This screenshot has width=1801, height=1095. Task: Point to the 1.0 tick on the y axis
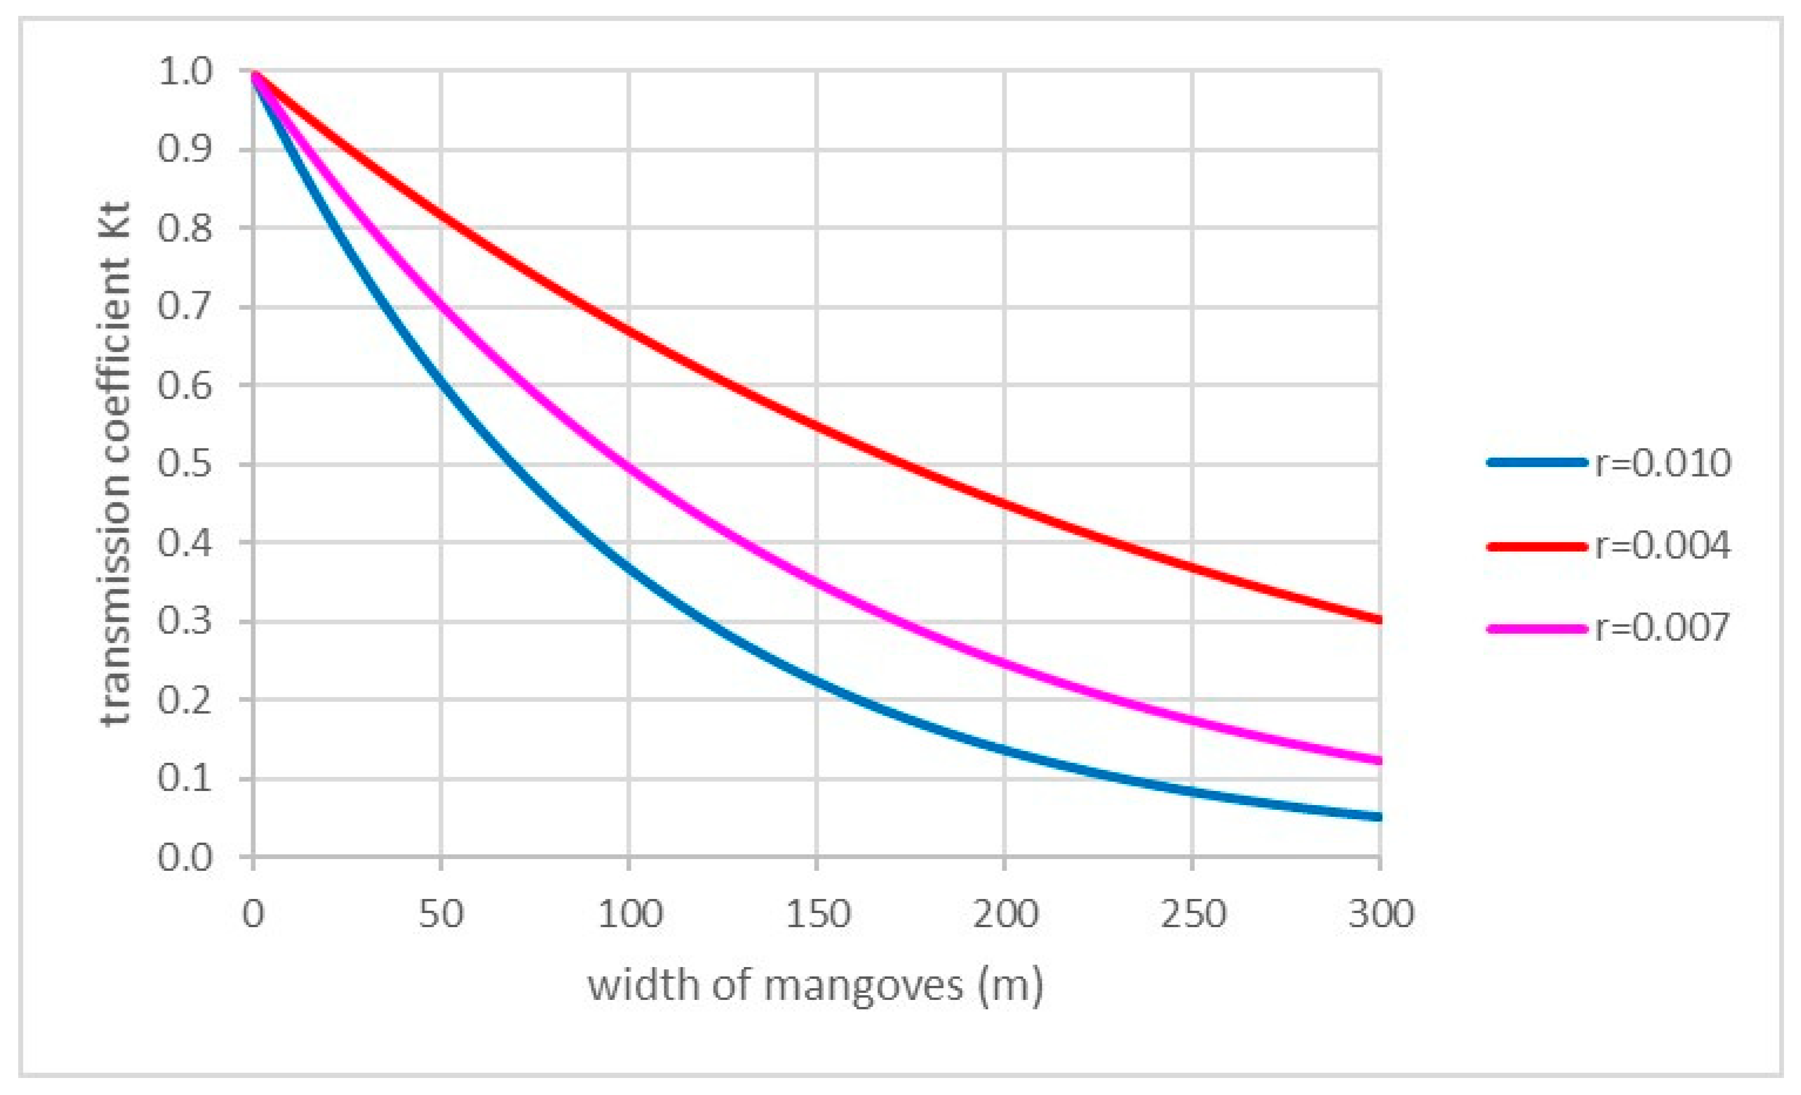click(x=184, y=72)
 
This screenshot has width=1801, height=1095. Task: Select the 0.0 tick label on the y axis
click(x=184, y=857)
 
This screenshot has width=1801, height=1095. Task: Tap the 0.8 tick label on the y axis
click(x=184, y=228)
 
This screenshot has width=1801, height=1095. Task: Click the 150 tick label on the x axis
click(x=817, y=914)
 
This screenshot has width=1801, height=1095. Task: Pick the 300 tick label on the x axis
click(x=1381, y=914)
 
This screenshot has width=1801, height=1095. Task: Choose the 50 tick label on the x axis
click(x=441, y=914)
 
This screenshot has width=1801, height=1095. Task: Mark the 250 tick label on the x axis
click(x=1193, y=914)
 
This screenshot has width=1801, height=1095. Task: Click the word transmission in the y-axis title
click(x=116, y=614)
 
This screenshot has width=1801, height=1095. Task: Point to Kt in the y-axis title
click(x=116, y=219)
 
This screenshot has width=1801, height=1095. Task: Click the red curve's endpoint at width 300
click(x=1378, y=620)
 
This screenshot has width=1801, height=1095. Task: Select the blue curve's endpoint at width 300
click(x=1378, y=816)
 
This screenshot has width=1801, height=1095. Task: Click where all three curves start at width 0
click(x=254, y=73)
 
